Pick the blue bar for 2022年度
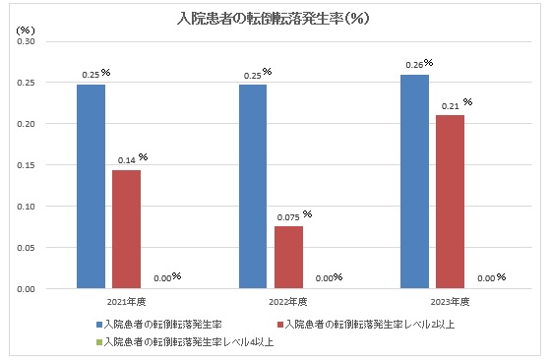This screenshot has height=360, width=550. point(252,187)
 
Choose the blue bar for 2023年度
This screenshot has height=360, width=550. point(415,182)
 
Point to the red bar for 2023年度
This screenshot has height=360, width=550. point(451,202)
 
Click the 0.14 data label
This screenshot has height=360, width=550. point(125,158)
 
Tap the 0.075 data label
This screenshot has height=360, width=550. point(287,215)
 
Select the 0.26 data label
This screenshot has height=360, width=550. point(415,64)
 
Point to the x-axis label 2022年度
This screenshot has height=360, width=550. point(287,301)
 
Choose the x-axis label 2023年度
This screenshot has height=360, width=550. point(451,301)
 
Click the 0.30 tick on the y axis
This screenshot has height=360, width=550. point(27,41)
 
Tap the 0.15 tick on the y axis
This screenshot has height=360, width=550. point(27,165)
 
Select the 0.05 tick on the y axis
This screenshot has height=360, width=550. point(27,248)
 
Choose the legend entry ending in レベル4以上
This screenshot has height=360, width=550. point(188,341)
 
